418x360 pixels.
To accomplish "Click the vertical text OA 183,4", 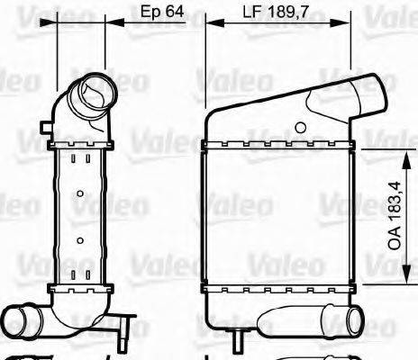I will pyautogui.click(x=395, y=216).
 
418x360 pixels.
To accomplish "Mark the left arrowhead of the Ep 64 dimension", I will pyautogui.click(x=61, y=24).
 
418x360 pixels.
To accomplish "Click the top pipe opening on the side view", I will pyautogui.click(x=94, y=93).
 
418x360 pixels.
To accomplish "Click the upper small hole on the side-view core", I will pyautogui.click(x=80, y=193).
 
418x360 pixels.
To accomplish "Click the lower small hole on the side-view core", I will pyautogui.click(x=80, y=239).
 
